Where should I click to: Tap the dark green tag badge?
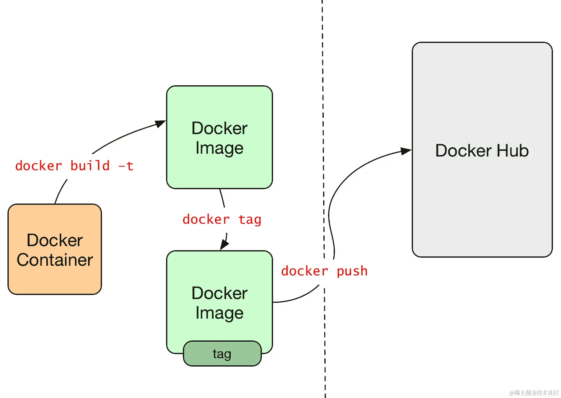222,354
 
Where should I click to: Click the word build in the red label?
90,166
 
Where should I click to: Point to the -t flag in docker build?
126,166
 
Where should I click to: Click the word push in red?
352,271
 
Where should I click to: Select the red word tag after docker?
250,220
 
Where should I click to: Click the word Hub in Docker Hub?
512,151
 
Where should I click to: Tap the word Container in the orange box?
55,260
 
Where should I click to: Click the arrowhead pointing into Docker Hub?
406,151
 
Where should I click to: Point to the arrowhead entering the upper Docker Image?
160,124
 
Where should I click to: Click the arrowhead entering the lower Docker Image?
224,245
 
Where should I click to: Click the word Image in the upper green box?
219,148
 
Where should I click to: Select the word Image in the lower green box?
219,313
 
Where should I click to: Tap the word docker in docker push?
304,271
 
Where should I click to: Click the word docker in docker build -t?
39,166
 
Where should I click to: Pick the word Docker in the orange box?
55,240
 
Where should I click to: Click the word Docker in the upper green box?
219,128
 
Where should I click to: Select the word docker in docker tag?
206,219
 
